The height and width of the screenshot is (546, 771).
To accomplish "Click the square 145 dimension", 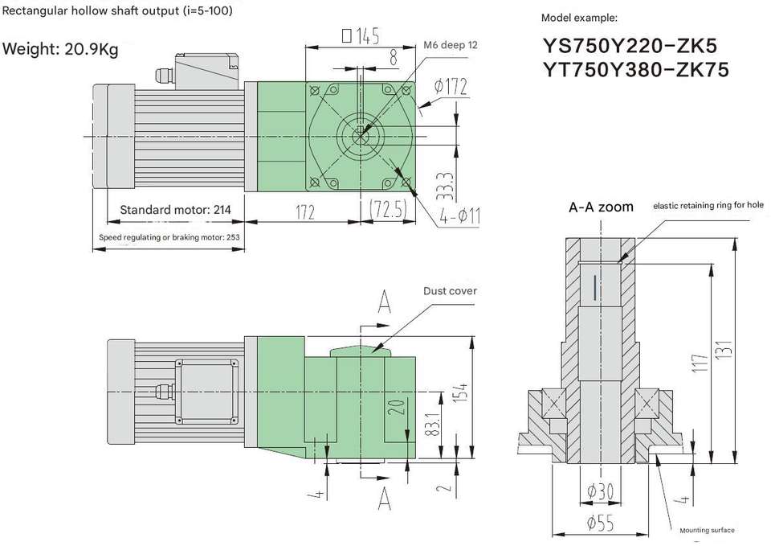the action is click(360, 36).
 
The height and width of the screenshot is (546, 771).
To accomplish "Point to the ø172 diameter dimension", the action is click(450, 86).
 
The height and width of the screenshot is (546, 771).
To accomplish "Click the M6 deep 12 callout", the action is click(450, 45).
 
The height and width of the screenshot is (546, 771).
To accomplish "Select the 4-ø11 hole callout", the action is click(460, 216).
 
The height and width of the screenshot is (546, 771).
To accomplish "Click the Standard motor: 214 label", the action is click(175, 210).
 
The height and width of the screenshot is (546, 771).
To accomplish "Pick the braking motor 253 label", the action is click(169, 237).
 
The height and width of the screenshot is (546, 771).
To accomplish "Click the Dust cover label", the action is click(450, 290).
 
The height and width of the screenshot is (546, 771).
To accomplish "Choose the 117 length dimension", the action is click(700, 366).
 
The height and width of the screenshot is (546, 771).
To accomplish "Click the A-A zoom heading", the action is click(601, 207).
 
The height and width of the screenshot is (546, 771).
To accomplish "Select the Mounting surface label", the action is click(707, 530).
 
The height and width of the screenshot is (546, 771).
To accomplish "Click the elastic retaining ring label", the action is click(708, 205).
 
